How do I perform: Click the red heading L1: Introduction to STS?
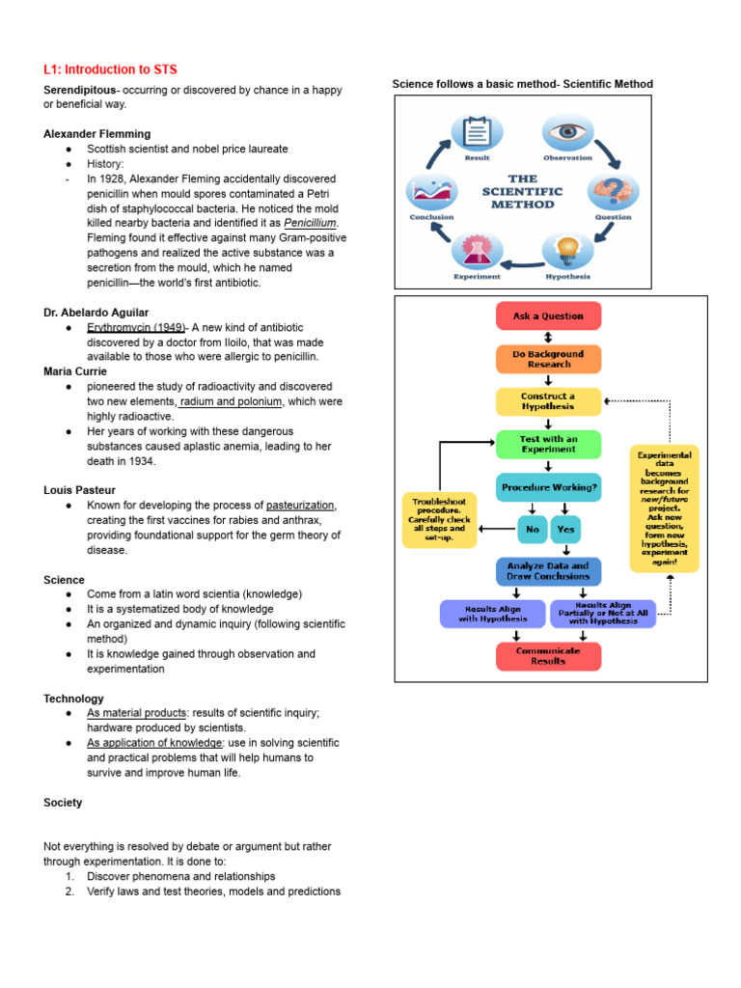click(110, 69)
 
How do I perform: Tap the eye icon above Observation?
click(567, 132)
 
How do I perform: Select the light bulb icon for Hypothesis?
click(567, 250)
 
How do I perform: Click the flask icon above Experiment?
click(477, 250)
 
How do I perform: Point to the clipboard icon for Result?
click(477, 132)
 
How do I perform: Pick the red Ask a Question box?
click(548, 316)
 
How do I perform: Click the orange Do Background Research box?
click(548, 359)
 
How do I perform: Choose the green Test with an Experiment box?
click(548, 444)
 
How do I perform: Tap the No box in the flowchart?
click(533, 530)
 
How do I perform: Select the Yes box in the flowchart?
click(565, 530)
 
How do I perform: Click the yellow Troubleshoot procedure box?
click(439, 520)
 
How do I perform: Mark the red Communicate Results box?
click(548, 656)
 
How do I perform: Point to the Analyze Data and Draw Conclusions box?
click(548, 571)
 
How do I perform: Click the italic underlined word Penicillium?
click(310, 223)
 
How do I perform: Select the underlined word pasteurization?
click(300, 506)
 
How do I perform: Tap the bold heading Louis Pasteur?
click(79, 490)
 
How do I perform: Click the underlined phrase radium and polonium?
click(231, 401)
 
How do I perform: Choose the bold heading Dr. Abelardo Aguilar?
click(96, 313)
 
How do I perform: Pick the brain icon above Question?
click(613, 191)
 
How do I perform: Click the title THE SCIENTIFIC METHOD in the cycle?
click(522, 192)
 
